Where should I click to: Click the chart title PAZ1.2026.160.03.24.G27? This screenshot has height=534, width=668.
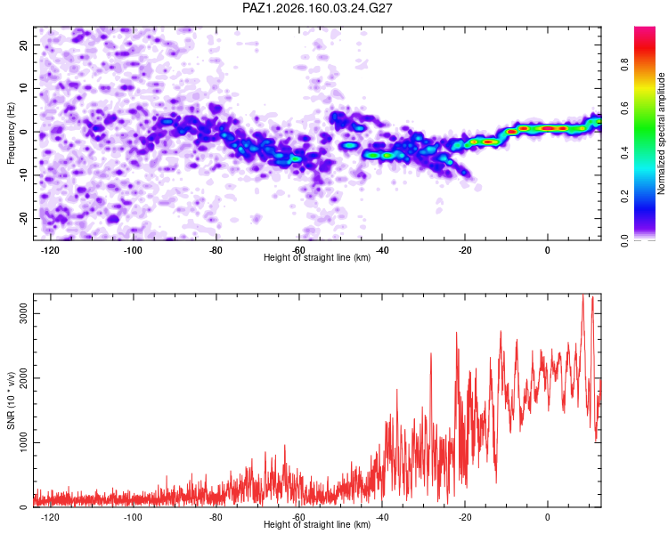coord(317,8)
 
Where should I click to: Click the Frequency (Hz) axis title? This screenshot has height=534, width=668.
coord(11,133)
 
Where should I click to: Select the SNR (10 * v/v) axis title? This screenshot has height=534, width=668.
coord(11,400)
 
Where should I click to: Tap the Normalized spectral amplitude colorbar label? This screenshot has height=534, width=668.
coord(661,133)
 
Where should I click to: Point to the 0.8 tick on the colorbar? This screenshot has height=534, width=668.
coord(625,65)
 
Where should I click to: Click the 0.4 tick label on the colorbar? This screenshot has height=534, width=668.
coord(625,152)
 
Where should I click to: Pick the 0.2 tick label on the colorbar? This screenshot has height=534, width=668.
coord(625,197)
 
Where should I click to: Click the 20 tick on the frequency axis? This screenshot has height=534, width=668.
coord(23,44)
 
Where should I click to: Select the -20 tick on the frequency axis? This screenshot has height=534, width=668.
coord(23,218)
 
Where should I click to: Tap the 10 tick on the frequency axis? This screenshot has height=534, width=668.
coord(23,88)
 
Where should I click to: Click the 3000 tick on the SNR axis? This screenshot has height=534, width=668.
coord(23,314)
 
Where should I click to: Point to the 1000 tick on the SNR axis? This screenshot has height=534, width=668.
coord(23,443)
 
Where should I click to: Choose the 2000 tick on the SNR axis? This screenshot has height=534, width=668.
coord(23,378)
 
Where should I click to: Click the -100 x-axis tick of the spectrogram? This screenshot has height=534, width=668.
coord(133,250)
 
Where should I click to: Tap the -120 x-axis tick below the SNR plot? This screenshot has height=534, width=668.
coord(50,517)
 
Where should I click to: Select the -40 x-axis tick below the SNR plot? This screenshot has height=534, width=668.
coord(382,517)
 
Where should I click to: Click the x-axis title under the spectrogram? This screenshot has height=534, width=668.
coord(317,257)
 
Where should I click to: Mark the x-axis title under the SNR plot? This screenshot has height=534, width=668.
coord(317,524)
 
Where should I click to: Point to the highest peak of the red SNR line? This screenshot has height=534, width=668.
coord(582,295)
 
